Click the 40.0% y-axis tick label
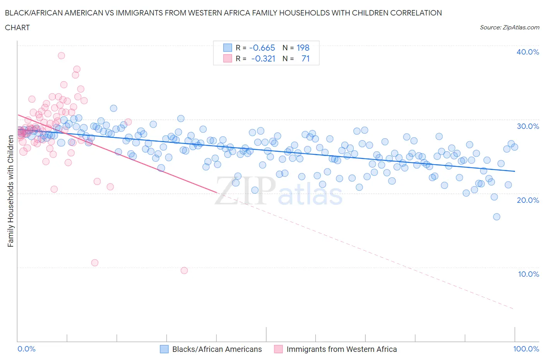528,52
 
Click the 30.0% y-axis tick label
528,126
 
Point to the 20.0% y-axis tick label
528,200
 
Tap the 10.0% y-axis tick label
528,274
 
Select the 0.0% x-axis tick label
26,349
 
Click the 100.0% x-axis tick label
526,349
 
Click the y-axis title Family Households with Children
10,191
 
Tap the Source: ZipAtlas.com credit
509,27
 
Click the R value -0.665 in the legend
262,48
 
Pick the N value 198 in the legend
303,48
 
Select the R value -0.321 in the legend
263,58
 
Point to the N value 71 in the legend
305,58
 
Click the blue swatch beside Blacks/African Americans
164,349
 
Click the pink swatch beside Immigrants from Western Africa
278,349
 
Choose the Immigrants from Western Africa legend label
341,349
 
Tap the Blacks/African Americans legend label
217,349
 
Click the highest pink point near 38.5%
61,55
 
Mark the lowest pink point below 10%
184,271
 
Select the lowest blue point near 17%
496,217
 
